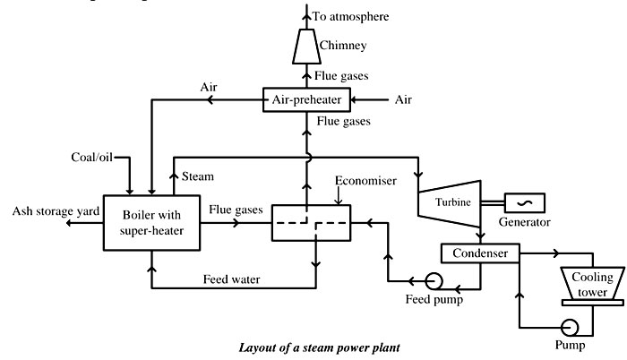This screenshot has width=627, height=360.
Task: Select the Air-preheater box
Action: pos(306,99)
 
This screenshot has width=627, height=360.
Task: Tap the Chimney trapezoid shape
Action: pos(306,44)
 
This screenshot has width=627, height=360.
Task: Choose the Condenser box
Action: pos(480,254)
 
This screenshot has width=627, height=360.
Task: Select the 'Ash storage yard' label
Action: pos(41,212)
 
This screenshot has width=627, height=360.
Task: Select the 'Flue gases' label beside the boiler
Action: pos(235,210)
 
